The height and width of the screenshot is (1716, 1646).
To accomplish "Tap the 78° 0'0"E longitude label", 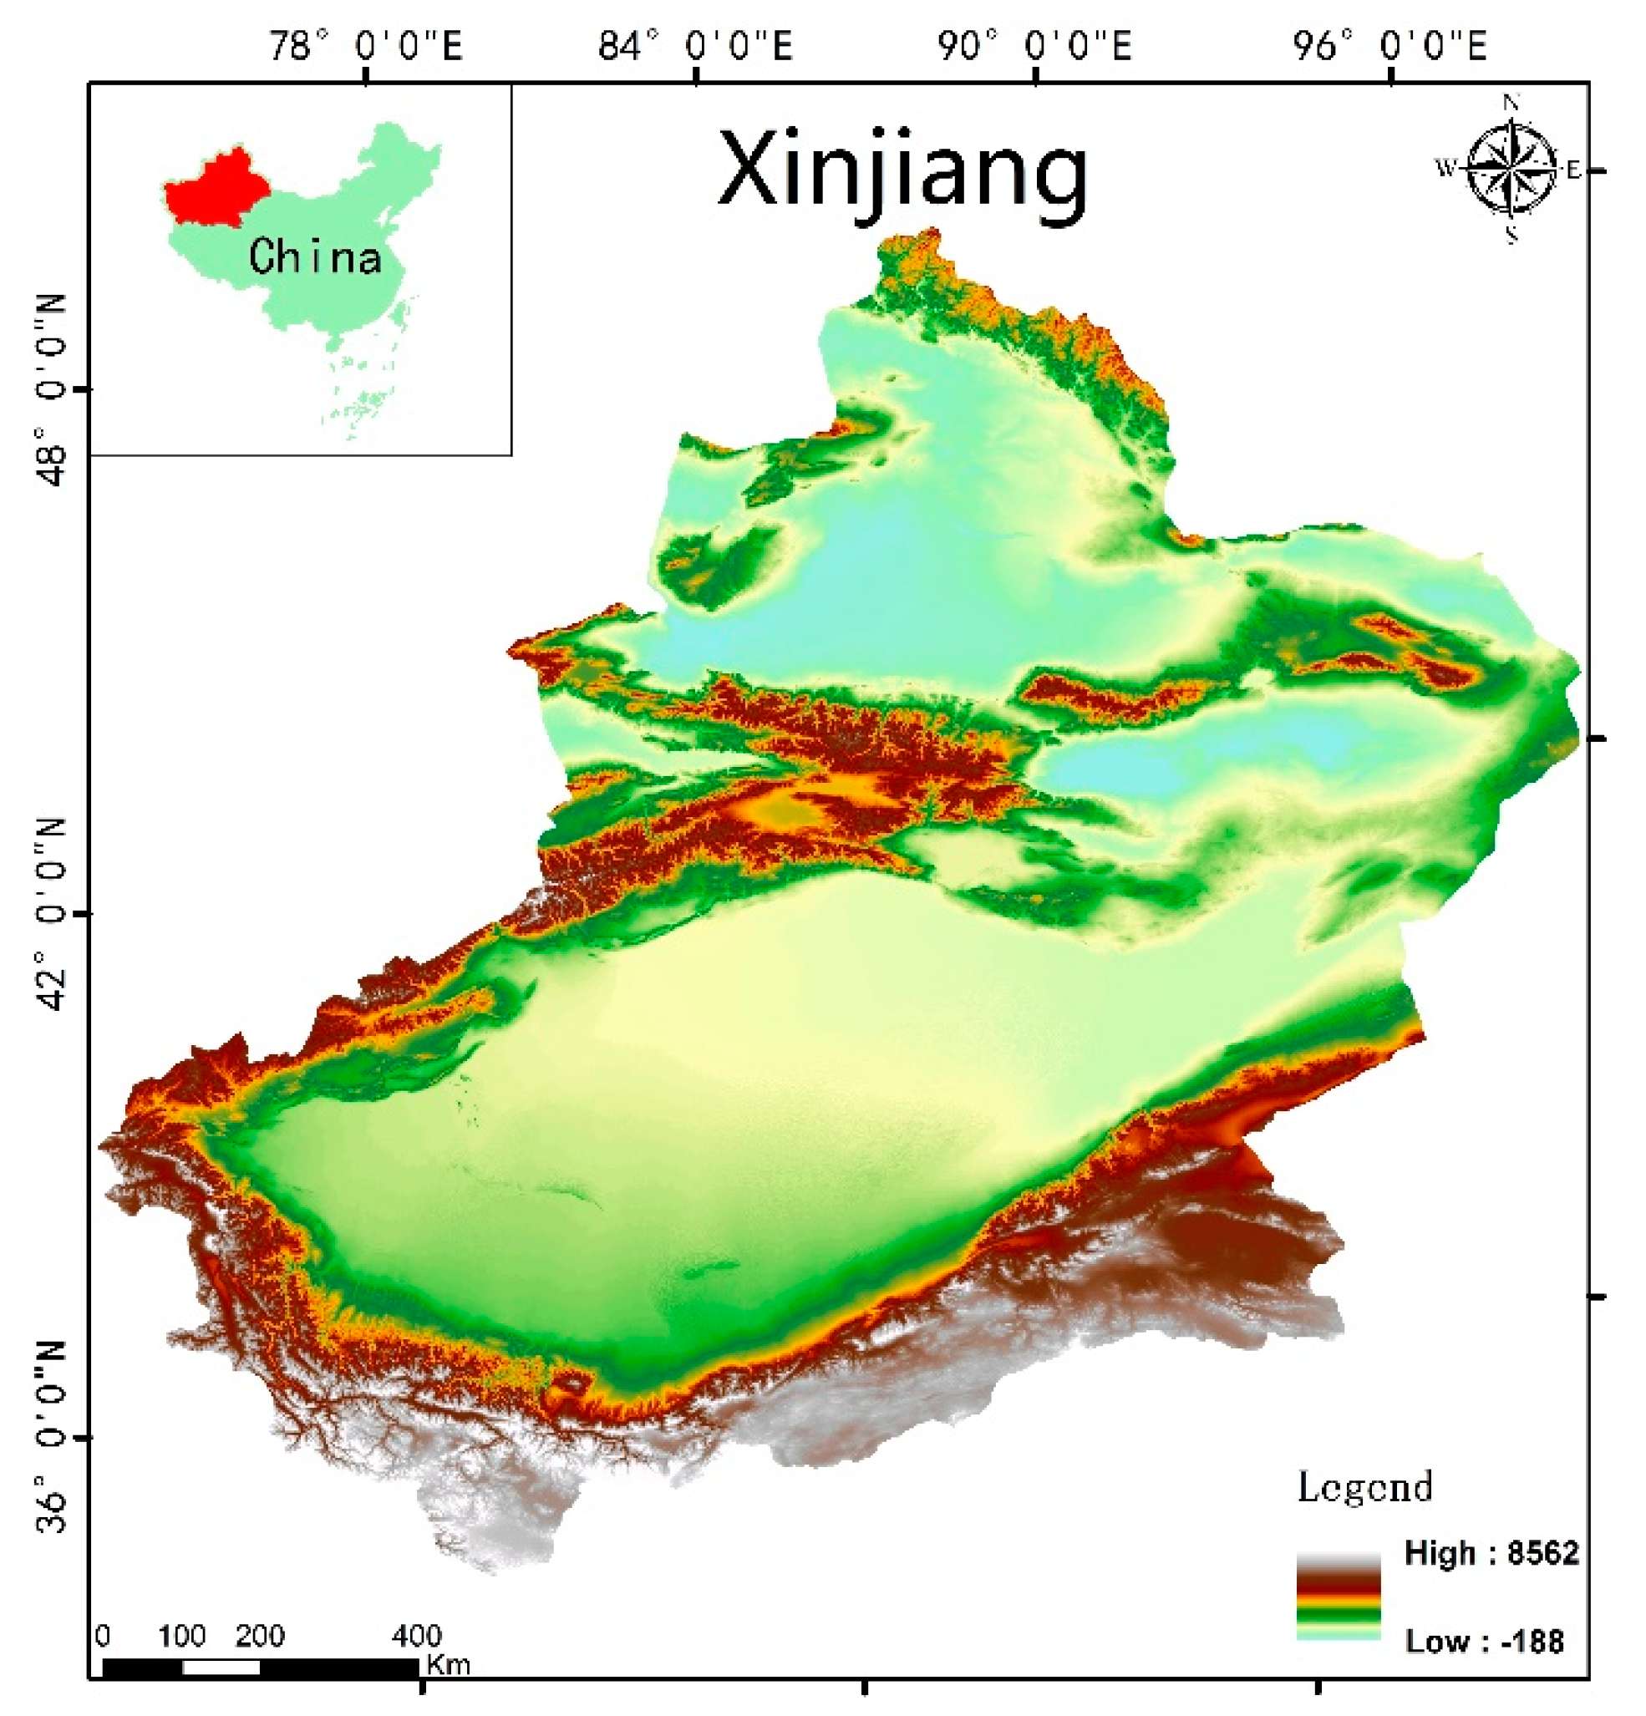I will pyautogui.click(x=364, y=44).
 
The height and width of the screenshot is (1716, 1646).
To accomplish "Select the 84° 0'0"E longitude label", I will pyautogui.click(x=694, y=44).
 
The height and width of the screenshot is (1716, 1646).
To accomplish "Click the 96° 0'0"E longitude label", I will pyautogui.click(x=1389, y=44).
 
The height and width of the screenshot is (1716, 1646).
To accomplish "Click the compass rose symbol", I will pyautogui.click(x=1511, y=167).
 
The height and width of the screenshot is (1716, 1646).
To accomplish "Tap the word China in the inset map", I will pyautogui.click(x=314, y=257).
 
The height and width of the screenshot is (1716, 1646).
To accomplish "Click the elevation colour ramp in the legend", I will pyautogui.click(x=1337, y=1596).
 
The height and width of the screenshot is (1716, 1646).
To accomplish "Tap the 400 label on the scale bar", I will pyautogui.click(x=416, y=1637).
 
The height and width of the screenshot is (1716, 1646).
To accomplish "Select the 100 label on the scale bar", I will pyautogui.click(x=181, y=1637).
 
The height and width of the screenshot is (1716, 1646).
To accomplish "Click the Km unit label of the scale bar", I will pyautogui.click(x=447, y=1664).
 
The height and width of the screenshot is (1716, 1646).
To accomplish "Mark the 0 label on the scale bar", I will pyautogui.click(x=103, y=1637).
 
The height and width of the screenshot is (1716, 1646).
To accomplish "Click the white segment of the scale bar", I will pyautogui.click(x=221, y=1668).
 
